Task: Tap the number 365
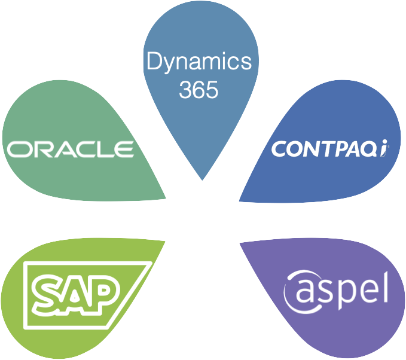(199, 90)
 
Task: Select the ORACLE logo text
(70, 149)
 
